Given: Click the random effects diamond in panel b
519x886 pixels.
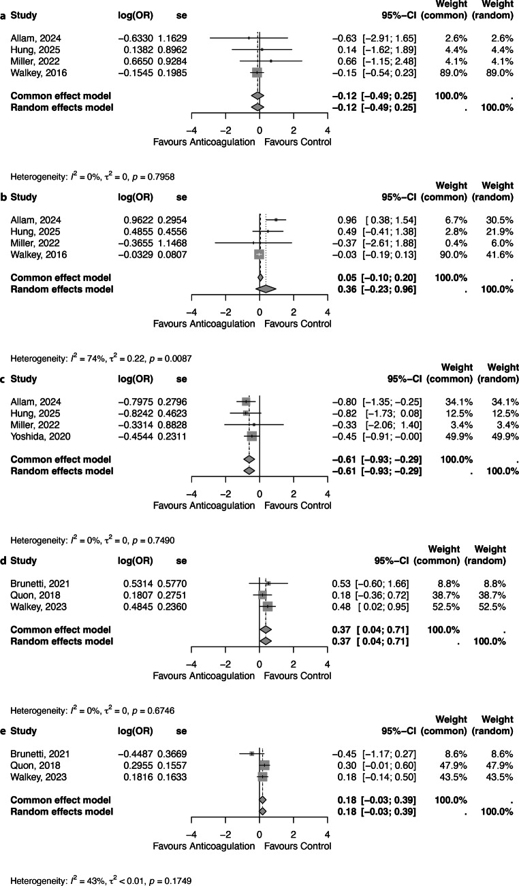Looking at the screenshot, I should click(266, 289).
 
